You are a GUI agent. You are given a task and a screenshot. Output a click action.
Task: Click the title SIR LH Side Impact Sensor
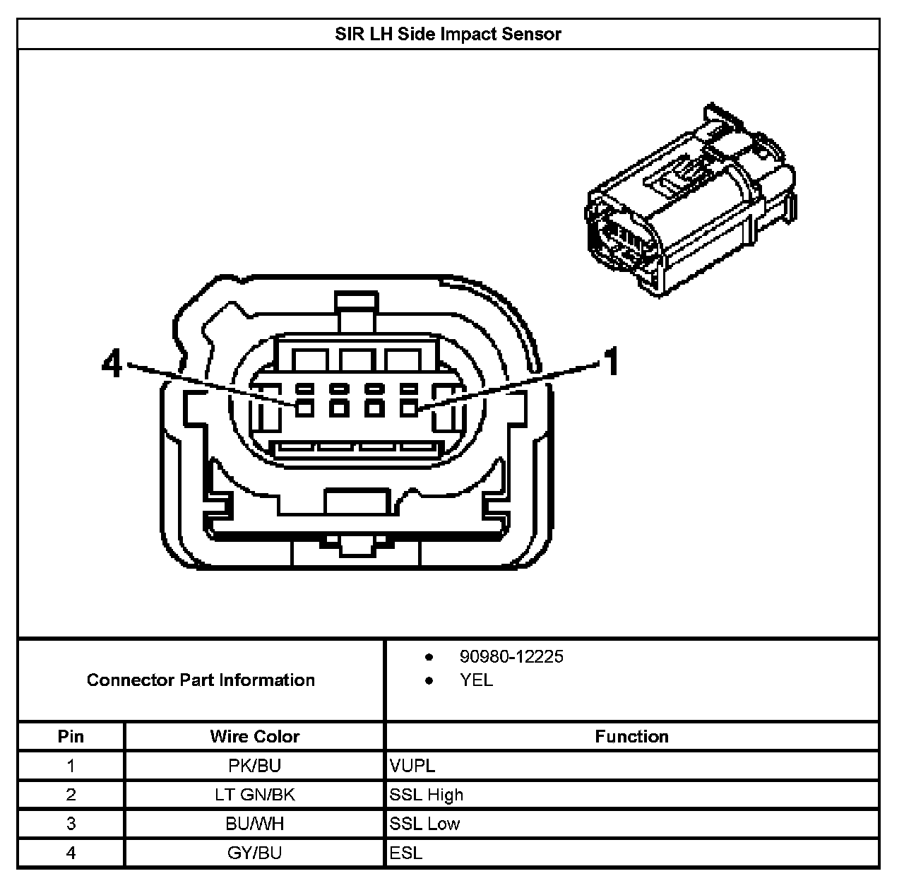click(448, 34)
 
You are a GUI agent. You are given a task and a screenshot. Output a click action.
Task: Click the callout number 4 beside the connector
click(112, 365)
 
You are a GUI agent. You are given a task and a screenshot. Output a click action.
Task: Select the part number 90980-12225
click(511, 657)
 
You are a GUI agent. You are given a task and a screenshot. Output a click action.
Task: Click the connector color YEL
click(476, 681)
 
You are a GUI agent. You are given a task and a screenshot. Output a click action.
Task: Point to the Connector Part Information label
click(201, 680)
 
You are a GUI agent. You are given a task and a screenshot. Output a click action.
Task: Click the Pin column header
click(71, 737)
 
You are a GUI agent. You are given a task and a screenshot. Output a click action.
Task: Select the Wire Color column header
click(254, 737)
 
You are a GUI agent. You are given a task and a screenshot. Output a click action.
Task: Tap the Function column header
click(631, 737)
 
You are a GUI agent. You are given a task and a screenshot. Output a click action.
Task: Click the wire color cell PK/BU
click(254, 766)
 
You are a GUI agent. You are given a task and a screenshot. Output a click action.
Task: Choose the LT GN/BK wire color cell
click(254, 795)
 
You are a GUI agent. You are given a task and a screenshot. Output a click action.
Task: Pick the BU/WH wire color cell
click(254, 824)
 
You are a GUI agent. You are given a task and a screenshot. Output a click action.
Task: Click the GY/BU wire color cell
click(254, 853)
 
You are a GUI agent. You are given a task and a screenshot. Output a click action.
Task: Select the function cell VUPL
click(412, 766)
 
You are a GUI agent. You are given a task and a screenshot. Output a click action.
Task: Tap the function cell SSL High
click(427, 795)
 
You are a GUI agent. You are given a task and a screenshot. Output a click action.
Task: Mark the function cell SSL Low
click(424, 824)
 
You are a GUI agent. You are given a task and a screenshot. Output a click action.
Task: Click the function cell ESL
click(406, 853)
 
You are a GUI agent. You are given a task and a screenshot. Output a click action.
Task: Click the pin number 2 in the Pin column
click(71, 795)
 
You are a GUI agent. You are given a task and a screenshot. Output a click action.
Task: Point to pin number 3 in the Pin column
click(71, 824)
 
